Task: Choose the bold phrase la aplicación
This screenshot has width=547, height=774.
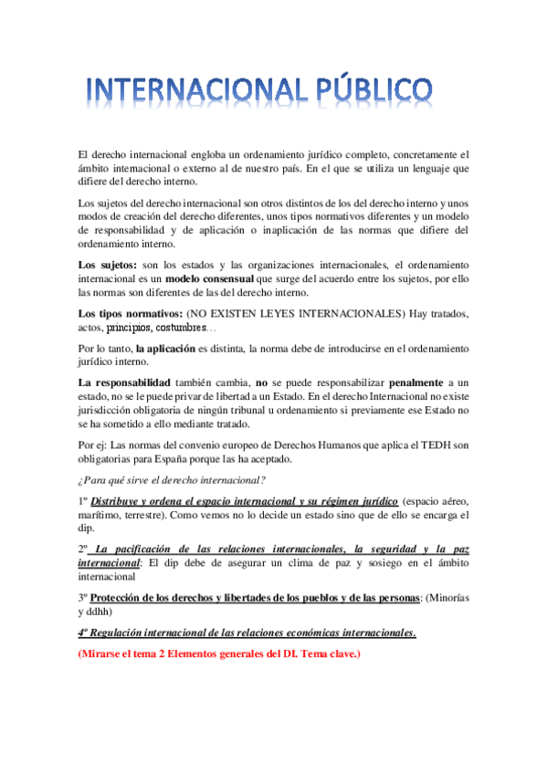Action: pos(164,349)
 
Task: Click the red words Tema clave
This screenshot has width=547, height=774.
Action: pos(326,654)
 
